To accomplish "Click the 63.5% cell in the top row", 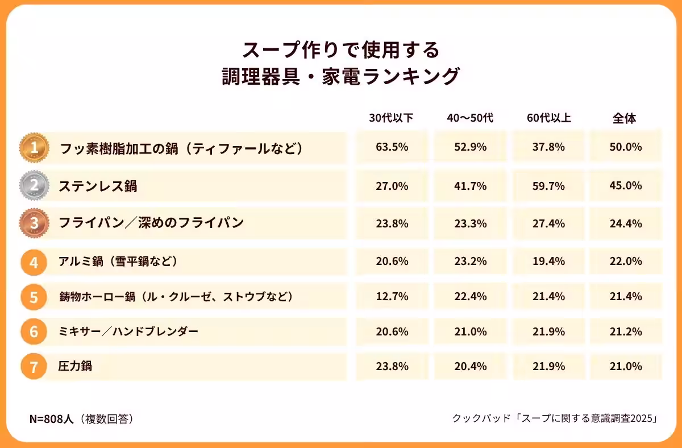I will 392,147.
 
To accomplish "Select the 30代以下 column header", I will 391,119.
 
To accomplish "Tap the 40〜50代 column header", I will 470,119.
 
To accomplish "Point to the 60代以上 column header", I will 548,119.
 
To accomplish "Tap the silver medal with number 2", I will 34,185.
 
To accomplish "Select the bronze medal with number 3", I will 34,223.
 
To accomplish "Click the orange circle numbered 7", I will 34,367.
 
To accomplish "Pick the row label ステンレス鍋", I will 98,186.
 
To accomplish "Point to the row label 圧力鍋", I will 75,367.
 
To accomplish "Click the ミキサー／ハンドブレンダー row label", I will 128,331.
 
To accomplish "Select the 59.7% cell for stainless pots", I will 548,185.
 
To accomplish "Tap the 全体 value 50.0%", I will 626,147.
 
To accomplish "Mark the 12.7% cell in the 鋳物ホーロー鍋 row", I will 392,297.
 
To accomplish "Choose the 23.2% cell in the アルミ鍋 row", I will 471,262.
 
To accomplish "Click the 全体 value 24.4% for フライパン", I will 626,223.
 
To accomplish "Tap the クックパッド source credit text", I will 555,419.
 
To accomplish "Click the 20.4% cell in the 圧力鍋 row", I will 471,367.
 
